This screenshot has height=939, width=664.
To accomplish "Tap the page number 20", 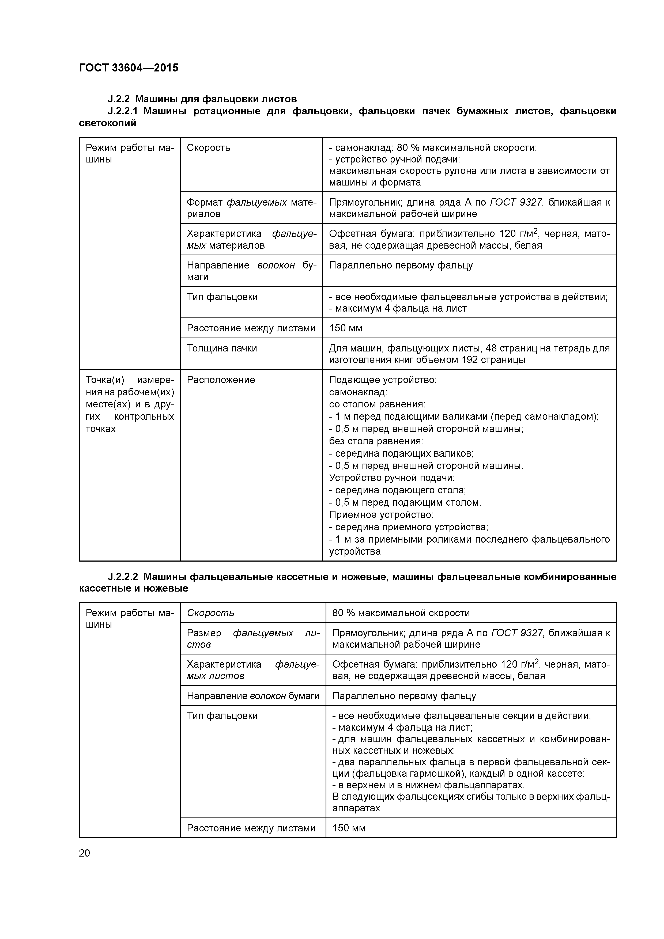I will (84, 853).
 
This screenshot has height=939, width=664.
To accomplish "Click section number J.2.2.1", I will (123, 111).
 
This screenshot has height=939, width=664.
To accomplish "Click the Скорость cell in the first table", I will (208, 148).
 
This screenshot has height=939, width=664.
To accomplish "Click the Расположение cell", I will (221, 380).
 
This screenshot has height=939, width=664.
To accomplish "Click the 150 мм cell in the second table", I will (349, 828).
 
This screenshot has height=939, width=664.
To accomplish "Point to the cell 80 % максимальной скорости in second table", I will (401, 613).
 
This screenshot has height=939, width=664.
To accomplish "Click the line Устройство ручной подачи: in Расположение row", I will (391, 478).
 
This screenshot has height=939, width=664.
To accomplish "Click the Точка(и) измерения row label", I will (129, 404).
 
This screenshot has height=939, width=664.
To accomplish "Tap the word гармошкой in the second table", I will (443, 774).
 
